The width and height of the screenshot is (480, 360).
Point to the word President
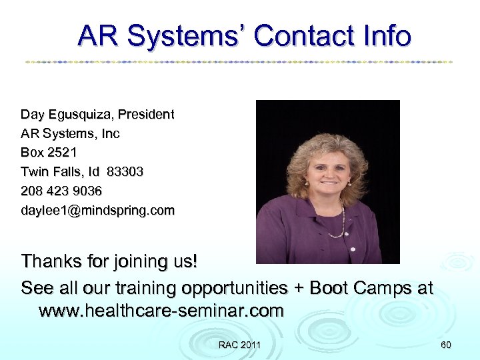point(145,115)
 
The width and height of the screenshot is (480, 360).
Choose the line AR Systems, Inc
point(70,134)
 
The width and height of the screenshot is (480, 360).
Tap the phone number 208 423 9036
point(61,191)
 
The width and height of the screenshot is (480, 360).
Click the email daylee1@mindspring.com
point(97,211)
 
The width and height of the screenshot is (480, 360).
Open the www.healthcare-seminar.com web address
point(161,311)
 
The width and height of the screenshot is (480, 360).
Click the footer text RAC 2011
point(239,345)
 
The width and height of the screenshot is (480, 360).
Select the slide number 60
point(446,345)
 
